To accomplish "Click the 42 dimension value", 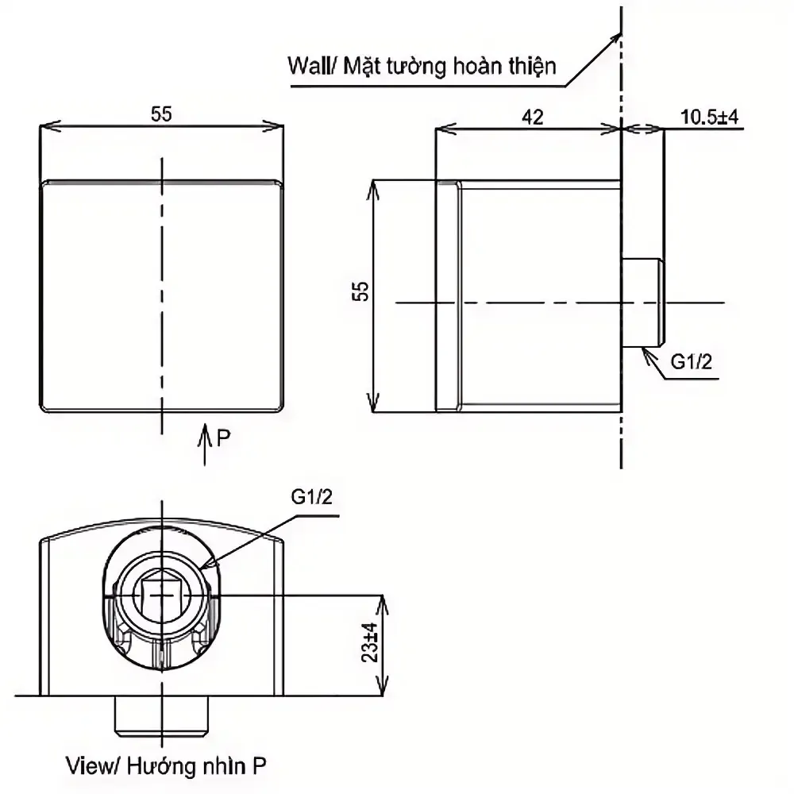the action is (x=532, y=117).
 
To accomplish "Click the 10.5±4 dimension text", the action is (x=709, y=117).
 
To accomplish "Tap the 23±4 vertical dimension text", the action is (x=371, y=642).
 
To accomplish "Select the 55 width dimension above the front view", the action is (x=161, y=114).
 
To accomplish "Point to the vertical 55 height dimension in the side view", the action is (x=360, y=291).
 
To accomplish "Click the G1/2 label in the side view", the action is (x=692, y=361).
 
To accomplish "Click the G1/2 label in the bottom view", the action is (x=311, y=497).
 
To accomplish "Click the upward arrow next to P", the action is (x=205, y=444).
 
